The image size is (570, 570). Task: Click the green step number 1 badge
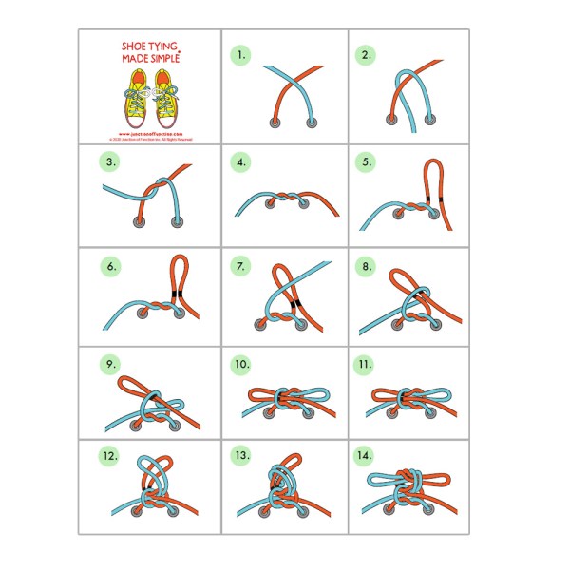click(241, 55)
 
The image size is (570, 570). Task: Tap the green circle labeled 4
click(241, 162)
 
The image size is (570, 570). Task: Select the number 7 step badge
click(241, 266)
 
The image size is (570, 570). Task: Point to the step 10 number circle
click(241, 366)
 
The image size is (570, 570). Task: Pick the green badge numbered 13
click(241, 456)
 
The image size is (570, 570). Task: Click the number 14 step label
click(366, 456)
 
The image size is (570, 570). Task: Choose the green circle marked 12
click(112, 456)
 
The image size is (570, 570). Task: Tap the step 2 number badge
click(366, 55)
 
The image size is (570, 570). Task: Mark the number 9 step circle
click(112, 366)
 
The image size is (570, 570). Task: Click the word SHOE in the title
click(135, 46)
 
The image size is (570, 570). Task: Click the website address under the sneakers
click(150, 133)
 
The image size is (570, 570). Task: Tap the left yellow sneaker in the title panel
click(135, 103)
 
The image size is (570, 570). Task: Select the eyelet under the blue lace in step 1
click(312, 123)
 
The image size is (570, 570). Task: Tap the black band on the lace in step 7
click(297, 303)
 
